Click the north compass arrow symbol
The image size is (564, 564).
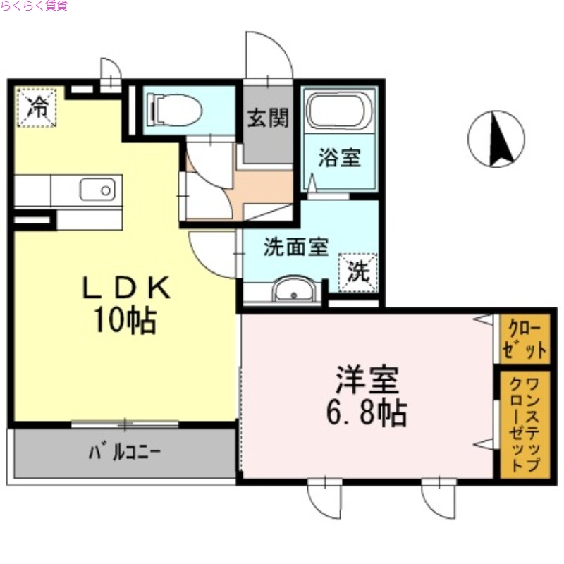click(x=497, y=139)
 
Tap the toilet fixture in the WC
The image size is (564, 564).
click(x=173, y=109)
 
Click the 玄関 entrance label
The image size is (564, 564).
click(x=268, y=118)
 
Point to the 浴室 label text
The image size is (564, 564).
click(x=339, y=157)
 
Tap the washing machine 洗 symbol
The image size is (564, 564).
click(x=359, y=272)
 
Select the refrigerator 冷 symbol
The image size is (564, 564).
click(x=37, y=107)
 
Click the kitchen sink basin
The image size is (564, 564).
click(x=97, y=190)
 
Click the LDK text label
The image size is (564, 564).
click(x=127, y=288)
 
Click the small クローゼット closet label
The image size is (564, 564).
click(x=524, y=340)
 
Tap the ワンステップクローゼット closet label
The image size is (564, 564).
click(x=524, y=425)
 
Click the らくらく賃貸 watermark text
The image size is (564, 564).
click(x=35, y=6)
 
